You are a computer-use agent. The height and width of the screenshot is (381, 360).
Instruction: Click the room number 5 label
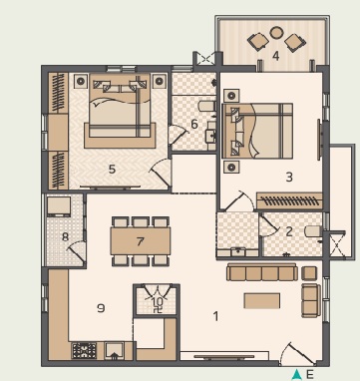[x=112, y=170]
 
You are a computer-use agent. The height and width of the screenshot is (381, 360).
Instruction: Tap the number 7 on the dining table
[x=141, y=241]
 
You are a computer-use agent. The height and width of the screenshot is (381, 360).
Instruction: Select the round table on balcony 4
[x=276, y=32]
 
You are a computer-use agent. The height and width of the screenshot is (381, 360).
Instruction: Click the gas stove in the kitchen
[x=85, y=351]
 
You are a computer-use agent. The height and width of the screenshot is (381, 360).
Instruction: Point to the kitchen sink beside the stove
[x=114, y=351]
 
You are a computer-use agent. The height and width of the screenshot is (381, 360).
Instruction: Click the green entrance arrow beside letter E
[x=296, y=375]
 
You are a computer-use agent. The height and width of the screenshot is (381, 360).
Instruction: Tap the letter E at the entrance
[x=309, y=375]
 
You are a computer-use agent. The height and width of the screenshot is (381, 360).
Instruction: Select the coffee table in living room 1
[x=262, y=300]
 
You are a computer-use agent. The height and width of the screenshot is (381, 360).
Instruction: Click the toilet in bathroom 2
[x=313, y=231]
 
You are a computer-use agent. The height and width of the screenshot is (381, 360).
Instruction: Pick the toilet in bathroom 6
[x=206, y=106]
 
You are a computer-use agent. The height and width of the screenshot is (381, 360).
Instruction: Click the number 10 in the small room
[x=158, y=301]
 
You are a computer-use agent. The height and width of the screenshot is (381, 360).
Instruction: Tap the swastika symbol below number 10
[x=159, y=310]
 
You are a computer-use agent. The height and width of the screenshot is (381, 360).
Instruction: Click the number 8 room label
[x=65, y=237]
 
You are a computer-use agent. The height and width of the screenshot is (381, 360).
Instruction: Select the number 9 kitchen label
[x=101, y=308]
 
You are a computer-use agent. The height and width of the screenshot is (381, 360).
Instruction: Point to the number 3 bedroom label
[x=289, y=177]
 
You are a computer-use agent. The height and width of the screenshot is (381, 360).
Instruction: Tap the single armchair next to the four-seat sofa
[x=309, y=273]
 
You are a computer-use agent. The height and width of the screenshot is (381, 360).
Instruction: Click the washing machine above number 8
[x=59, y=206]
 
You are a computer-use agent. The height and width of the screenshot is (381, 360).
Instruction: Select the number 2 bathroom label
[x=289, y=231]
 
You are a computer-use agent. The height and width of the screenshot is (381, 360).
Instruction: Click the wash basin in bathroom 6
[x=210, y=132]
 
